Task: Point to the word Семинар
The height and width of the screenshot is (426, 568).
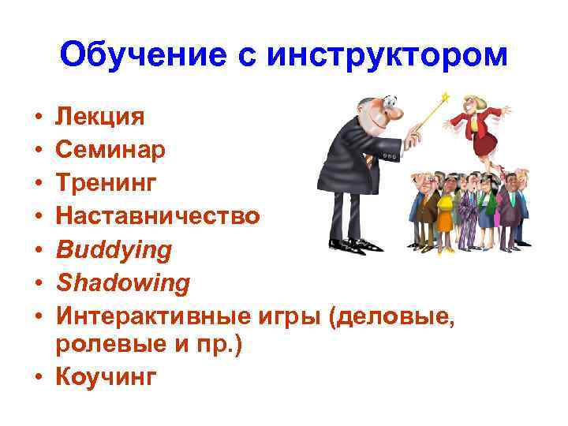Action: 110,150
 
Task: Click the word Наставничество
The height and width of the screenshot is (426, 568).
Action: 155,216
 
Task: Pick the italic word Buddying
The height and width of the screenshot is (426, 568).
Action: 113,249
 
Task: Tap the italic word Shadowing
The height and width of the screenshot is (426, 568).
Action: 121,282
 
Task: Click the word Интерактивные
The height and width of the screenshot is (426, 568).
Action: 153,316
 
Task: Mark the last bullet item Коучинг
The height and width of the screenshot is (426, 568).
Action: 106,378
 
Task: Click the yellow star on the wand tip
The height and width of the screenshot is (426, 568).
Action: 445,97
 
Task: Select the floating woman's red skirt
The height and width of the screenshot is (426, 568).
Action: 485,144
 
